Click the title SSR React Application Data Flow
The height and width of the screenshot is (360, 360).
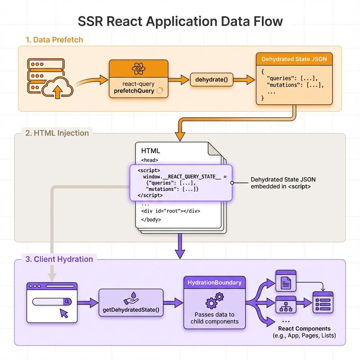pyautogui.click(x=180, y=21)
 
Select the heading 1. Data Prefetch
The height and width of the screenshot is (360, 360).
pyautogui.click(x=54, y=40)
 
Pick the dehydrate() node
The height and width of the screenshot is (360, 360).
pyautogui.click(x=212, y=79)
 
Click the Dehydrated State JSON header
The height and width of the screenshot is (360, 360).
pyautogui.click(x=294, y=59)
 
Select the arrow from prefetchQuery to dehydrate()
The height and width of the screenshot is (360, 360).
pyautogui.click(x=179, y=79)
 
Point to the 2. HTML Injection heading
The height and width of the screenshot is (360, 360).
pyautogui.click(x=57, y=133)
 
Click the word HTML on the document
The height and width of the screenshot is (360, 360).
pyautogui.click(x=150, y=151)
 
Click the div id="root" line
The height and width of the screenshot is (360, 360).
pyautogui.click(x=171, y=211)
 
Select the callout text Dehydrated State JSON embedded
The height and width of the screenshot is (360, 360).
pyautogui.click(x=281, y=183)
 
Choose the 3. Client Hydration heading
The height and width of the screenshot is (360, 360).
pyautogui.click(x=59, y=259)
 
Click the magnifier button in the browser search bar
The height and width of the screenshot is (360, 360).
pyautogui.click(x=67, y=302)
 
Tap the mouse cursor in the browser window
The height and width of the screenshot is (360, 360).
pyautogui.click(x=64, y=314)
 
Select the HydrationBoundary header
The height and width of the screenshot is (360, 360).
pyautogui.click(x=214, y=282)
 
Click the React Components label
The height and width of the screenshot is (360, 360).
pyautogui.click(x=304, y=329)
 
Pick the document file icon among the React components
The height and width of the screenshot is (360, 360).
pyautogui.click(x=286, y=281)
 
